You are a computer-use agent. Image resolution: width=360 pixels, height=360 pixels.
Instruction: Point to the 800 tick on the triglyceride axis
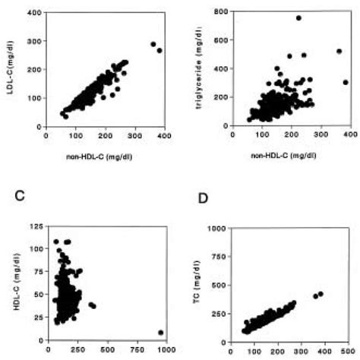pos(210,13)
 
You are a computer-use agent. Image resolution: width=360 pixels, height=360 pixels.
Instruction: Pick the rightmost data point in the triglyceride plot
pos(346,82)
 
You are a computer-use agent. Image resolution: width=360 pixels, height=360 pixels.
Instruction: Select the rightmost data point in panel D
pos(321,293)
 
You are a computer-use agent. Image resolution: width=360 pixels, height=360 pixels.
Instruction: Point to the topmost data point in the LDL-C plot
pos(153,44)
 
